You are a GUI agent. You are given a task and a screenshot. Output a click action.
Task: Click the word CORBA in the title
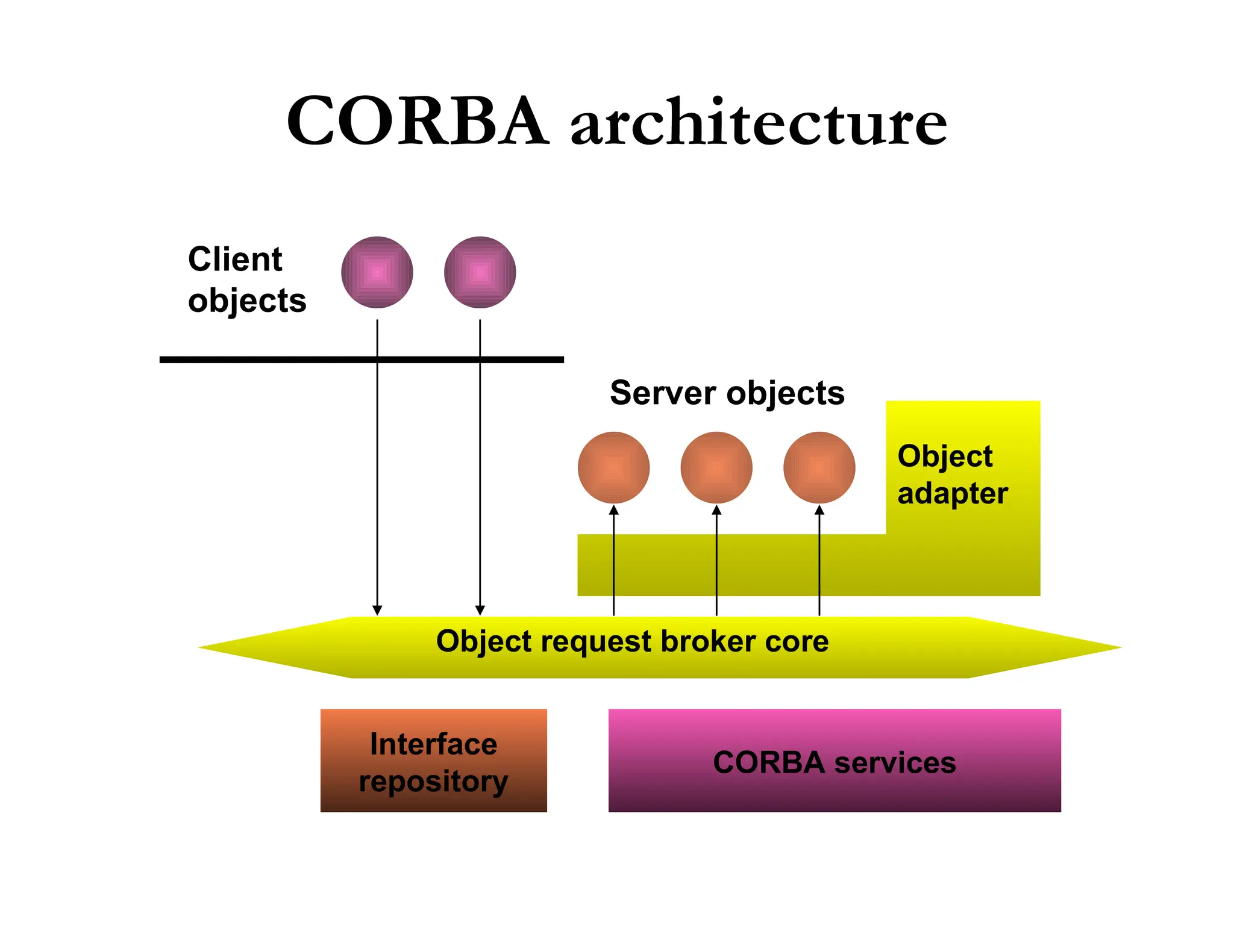pyautogui.click(x=417, y=122)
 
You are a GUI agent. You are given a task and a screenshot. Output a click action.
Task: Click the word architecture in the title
pyautogui.click(x=758, y=123)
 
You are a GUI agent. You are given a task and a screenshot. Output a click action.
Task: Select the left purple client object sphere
pyautogui.click(x=377, y=272)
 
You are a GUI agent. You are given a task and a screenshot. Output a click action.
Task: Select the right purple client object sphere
pyautogui.click(x=480, y=272)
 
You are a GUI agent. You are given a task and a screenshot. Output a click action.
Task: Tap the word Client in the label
pyautogui.click(x=235, y=260)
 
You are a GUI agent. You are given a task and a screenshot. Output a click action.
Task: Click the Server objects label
pyautogui.click(x=727, y=393)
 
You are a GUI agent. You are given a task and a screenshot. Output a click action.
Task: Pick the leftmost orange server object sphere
pyautogui.click(x=613, y=467)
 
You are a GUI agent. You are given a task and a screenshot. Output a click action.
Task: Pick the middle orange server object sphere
pyautogui.click(x=716, y=467)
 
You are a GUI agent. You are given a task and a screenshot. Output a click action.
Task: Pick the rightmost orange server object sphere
pyautogui.click(x=819, y=467)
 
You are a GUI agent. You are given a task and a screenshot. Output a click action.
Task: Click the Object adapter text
pyautogui.click(x=952, y=475)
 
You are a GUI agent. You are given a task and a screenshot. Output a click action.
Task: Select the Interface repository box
pyautogui.click(x=433, y=761)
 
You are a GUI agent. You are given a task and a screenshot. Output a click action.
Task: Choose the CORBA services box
pyautogui.click(x=834, y=761)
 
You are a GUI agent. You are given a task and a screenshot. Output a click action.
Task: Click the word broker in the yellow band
pyautogui.click(x=708, y=641)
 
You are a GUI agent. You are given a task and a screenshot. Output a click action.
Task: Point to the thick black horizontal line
pyautogui.click(x=271, y=360)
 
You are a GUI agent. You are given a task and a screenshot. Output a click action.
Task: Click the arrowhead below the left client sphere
pyautogui.click(x=377, y=610)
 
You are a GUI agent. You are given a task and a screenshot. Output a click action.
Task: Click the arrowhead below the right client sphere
pyautogui.click(x=480, y=610)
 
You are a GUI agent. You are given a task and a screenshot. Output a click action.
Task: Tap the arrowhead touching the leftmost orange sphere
pyautogui.click(x=613, y=510)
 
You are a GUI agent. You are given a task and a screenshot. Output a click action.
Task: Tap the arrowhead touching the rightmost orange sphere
pyautogui.click(x=819, y=510)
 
